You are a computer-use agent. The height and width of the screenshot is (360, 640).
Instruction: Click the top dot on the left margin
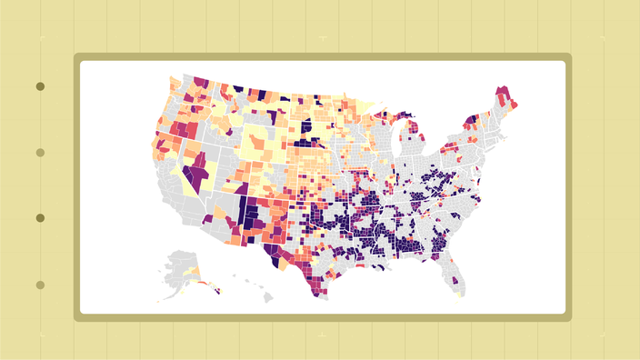click(40, 86)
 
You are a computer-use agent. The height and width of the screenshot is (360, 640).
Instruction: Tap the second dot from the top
click(40, 153)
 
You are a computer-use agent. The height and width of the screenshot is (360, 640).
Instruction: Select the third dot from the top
click(40, 218)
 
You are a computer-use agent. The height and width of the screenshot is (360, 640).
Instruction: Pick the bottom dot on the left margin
click(40, 285)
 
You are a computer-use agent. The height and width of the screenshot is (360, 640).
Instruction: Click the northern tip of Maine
click(500, 89)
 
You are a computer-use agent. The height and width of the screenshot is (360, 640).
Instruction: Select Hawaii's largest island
click(268, 296)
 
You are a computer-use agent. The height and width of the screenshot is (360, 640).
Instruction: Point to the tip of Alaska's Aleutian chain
click(159, 299)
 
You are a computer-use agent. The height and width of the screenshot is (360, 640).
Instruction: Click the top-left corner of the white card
click(82, 62)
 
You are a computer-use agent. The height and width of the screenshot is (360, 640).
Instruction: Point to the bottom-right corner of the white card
click(565, 312)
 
